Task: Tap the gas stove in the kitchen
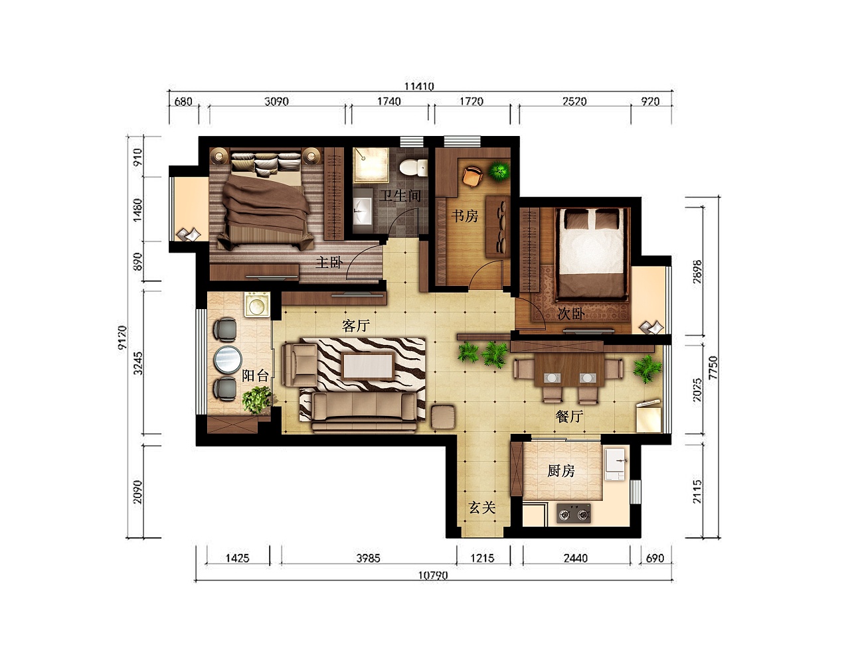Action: [x=574, y=513]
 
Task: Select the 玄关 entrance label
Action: [x=482, y=507]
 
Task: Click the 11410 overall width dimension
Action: [x=420, y=86]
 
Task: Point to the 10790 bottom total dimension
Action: [x=433, y=575]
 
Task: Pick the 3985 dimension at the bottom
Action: [x=368, y=558]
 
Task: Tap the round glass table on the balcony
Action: [x=228, y=360]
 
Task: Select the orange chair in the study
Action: [x=472, y=176]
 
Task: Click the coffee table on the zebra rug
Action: [x=368, y=366]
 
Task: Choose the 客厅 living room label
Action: [x=357, y=325]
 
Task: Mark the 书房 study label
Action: [x=465, y=216]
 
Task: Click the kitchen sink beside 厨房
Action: [x=616, y=464]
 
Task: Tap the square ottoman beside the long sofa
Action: [x=443, y=417]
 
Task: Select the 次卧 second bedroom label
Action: [x=570, y=314]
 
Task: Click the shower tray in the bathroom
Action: [x=371, y=165]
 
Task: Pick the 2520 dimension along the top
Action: [x=574, y=101]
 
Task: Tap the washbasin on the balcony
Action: [x=257, y=304]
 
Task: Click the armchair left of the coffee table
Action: [x=299, y=364]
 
